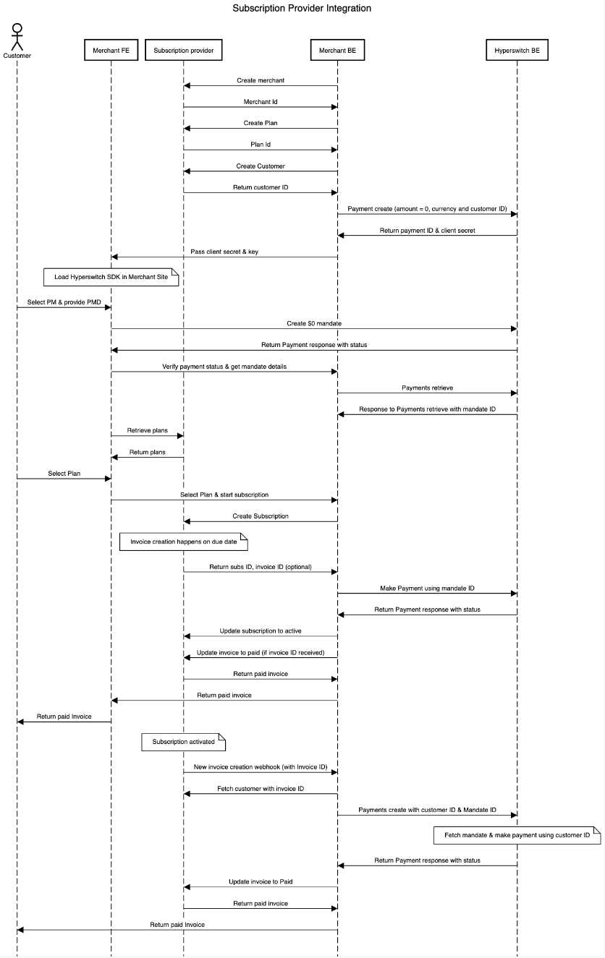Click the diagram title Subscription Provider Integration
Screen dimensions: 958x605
tap(302, 9)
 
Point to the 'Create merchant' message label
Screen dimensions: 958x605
tap(260, 80)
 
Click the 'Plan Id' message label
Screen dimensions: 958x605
tap(261, 145)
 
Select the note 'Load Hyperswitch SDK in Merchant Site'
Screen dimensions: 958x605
tap(111, 277)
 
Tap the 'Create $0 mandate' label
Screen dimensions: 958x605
tap(313, 324)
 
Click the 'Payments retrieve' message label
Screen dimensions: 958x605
tap(427, 388)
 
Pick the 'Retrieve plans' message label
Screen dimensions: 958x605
tap(148, 431)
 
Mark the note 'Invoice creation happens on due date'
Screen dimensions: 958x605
tap(183, 542)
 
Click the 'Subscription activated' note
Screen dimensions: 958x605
tap(184, 742)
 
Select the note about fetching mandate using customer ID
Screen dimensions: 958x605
tap(517, 835)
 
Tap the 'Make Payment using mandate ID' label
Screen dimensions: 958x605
tap(427, 589)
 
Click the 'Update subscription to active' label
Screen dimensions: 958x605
tap(261, 631)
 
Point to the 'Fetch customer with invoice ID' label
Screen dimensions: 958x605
tap(261, 789)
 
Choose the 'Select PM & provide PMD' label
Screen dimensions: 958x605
tap(64, 302)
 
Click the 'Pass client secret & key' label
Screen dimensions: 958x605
tap(225, 252)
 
